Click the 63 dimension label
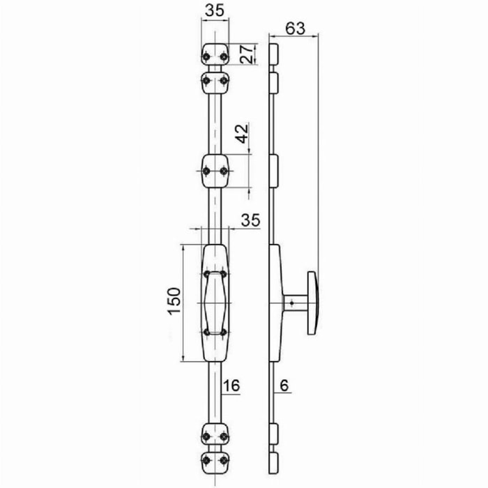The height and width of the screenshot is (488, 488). (x=296, y=29)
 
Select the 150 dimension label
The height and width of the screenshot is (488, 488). (x=174, y=301)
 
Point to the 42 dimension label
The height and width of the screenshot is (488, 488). (x=243, y=134)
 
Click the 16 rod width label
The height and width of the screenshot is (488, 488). (x=231, y=386)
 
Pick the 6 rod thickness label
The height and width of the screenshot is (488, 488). (x=284, y=386)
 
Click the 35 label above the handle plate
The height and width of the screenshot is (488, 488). (x=250, y=220)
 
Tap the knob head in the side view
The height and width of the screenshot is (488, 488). (x=312, y=303)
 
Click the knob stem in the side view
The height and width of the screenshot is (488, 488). (x=296, y=303)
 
